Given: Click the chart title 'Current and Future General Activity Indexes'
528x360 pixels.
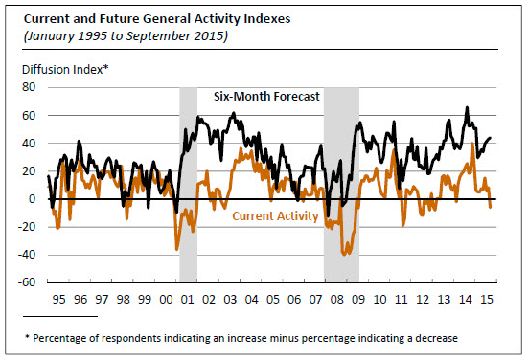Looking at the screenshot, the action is (157, 19).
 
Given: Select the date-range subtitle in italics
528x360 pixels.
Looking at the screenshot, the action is (126, 36).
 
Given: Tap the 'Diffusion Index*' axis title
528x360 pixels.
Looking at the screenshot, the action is (65, 70).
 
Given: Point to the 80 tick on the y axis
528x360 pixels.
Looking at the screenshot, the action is (29, 87).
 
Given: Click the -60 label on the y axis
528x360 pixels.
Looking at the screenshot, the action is (27, 281).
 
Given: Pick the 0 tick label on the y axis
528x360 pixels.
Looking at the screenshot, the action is (32, 199).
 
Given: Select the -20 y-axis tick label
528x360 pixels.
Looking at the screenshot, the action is (27, 227).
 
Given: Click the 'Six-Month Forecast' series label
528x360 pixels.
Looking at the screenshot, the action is (266, 97).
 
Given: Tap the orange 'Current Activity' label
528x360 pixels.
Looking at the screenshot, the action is (275, 215).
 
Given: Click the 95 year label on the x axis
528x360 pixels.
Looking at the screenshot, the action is (58, 299).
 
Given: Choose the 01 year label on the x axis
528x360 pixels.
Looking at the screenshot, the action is (187, 299).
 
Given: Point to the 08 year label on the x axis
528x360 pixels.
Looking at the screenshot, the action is (336, 299).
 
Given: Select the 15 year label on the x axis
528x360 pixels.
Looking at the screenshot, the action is (487, 299).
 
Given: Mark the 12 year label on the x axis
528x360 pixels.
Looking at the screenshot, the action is (423, 299).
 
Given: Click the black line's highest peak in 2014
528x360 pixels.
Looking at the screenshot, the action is (467, 107).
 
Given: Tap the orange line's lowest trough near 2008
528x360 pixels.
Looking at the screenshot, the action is (344, 255).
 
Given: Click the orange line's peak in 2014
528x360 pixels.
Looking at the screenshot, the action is (472, 144).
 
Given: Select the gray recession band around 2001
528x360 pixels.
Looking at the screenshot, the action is (188, 185).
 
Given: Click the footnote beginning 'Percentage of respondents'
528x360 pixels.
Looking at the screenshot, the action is (241, 338).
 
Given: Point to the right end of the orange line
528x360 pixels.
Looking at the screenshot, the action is (491, 207).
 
